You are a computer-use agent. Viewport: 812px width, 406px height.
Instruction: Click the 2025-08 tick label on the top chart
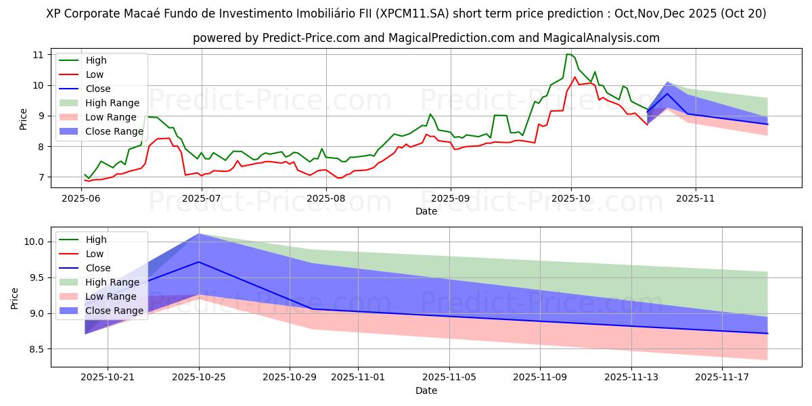tap(326, 198)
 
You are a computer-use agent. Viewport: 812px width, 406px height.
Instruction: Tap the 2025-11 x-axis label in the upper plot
tap(695, 198)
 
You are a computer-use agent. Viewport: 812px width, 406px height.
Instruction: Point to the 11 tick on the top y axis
tap(38, 54)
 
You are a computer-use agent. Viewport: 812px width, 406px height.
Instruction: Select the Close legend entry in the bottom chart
tap(97, 268)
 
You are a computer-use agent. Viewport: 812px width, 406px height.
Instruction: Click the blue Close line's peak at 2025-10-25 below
tap(199, 262)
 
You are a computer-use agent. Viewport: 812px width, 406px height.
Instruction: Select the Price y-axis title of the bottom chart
tap(14, 297)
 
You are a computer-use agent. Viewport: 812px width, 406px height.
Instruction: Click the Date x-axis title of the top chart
tap(426, 211)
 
